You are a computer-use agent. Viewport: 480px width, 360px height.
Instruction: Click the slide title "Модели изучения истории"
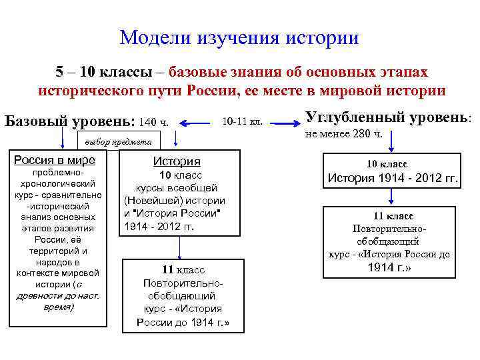239,37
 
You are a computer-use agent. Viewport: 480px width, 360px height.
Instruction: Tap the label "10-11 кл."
242,122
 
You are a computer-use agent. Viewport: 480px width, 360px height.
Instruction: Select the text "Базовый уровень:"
69,122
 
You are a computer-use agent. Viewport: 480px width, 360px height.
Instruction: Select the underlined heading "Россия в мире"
55,159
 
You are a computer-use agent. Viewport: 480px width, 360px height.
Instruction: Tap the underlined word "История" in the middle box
177,161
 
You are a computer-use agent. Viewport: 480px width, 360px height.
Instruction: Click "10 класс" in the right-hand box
387,164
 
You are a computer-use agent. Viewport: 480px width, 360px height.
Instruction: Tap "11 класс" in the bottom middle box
183,269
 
